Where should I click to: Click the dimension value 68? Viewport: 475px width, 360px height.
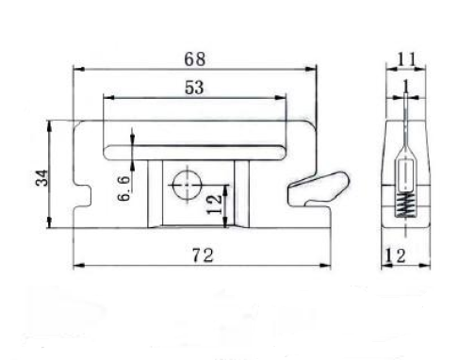pyautogui.click(x=195, y=59)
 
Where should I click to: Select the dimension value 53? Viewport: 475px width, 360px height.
pyautogui.click(x=194, y=88)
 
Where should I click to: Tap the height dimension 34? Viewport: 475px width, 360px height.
pyautogui.click(x=42, y=178)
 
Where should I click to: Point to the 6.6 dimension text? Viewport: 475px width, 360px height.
pyautogui.click(x=123, y=188)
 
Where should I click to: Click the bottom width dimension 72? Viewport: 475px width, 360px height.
pyautogui.click(x=203, y=255)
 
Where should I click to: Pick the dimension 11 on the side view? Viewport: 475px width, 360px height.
pyautogui.click(x=406, y=59)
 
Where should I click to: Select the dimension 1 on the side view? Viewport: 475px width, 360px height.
pyautogui.click(x=406, y=86)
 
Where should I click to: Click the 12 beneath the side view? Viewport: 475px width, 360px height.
pyautogui.click(x=395, y=255)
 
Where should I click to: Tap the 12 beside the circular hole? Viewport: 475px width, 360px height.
pyautogui.click(x=215, y=205)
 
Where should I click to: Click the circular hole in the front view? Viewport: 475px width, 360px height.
pyautogui.click(x=187, y=186)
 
